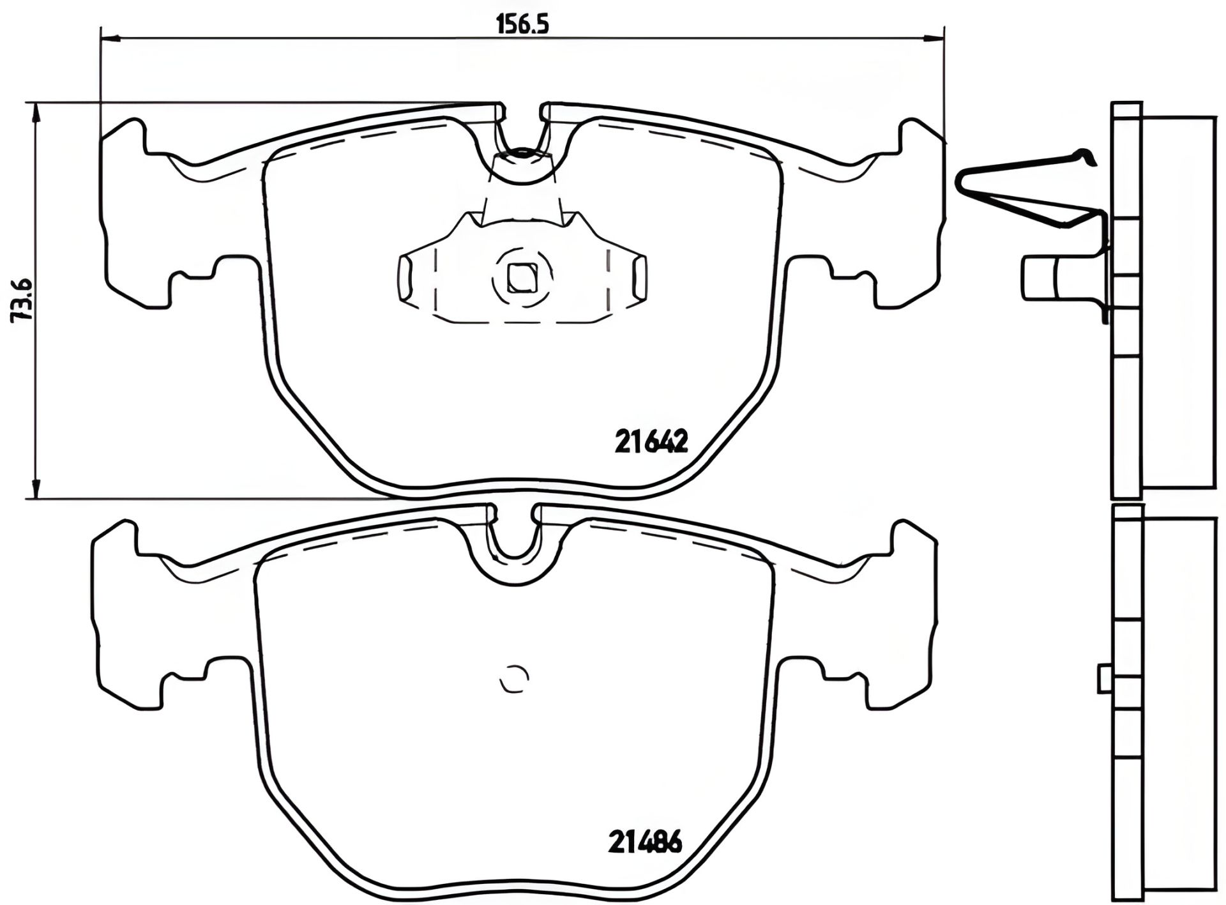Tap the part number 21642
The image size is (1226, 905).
click(651, 441)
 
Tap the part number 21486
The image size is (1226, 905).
click(644, 842)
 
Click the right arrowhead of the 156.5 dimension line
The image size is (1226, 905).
click(936, 38)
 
